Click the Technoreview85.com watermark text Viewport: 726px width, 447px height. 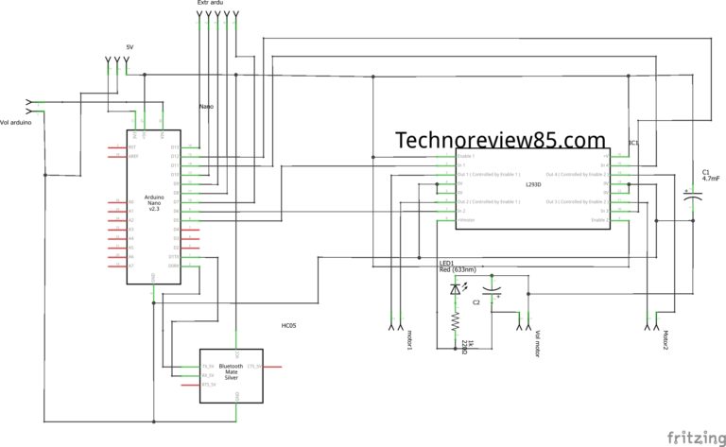pos(500,140)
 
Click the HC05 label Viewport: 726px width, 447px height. pos(288,325)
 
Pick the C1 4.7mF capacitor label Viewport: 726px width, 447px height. pos(712,175)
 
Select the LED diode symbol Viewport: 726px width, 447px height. pos(456,290)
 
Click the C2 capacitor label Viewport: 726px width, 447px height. pos(477,301)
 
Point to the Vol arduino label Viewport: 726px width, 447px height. pos(20,122)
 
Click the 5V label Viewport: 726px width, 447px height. pos(131,46)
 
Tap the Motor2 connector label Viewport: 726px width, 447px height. pos(665,339)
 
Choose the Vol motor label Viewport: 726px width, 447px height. pos(537,339)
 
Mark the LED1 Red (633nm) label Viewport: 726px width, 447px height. pos(458,266)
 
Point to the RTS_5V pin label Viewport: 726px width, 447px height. pos(209,385)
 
